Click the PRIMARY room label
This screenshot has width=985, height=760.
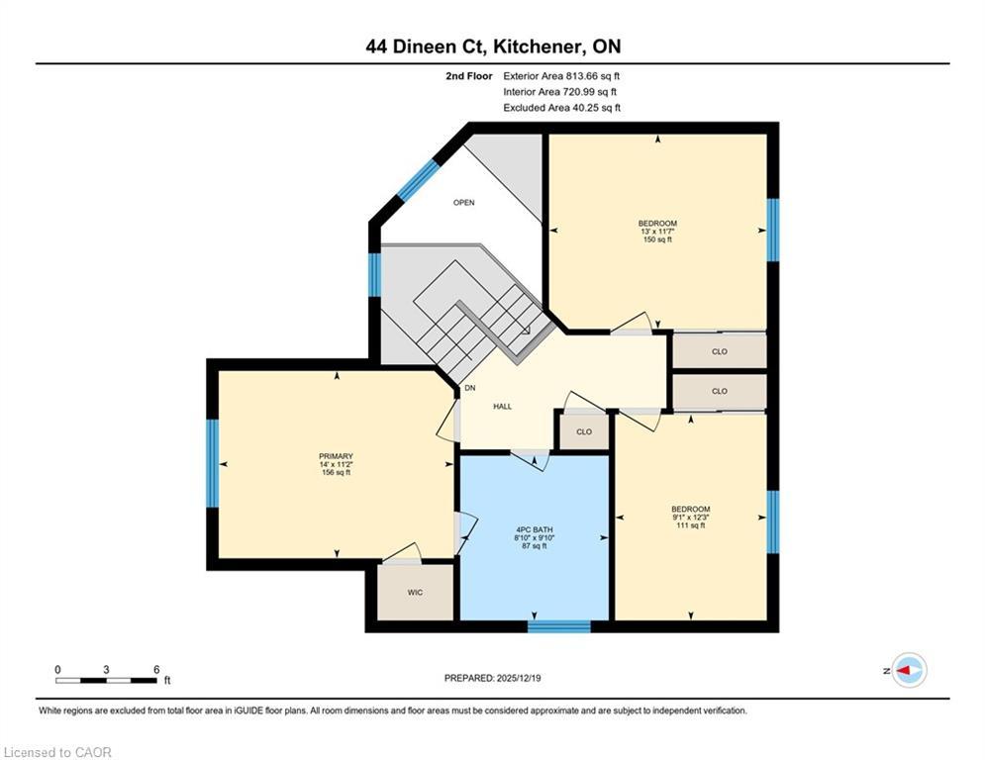(336, 456)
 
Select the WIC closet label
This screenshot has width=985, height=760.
(416, 594)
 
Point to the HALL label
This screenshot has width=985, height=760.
(503, 407)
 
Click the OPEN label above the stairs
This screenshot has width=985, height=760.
(463, 203)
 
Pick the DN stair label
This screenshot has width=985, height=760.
(469, 388)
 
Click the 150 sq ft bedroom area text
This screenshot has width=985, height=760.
(657, 239)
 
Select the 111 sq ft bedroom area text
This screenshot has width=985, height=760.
(690, 525)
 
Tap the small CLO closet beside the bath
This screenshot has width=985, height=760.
(584, 431)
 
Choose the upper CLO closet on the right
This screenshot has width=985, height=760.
(720, 351)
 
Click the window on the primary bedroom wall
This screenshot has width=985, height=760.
(211, 463)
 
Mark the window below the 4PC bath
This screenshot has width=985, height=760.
(559, 625)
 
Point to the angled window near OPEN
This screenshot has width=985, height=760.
(417, 180)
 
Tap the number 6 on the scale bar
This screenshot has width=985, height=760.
(155, 669)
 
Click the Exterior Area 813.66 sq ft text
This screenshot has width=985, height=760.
(562, 76)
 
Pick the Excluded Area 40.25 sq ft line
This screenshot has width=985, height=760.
(562, 108)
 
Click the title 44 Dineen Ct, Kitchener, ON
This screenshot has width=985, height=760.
(492, 47)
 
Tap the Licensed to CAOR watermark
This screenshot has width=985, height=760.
(58, 752)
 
